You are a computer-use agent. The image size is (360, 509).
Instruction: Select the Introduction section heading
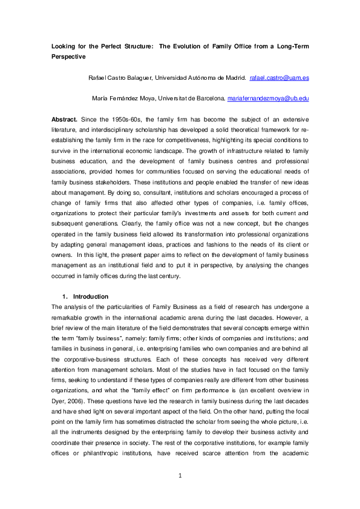pos(90,297)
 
